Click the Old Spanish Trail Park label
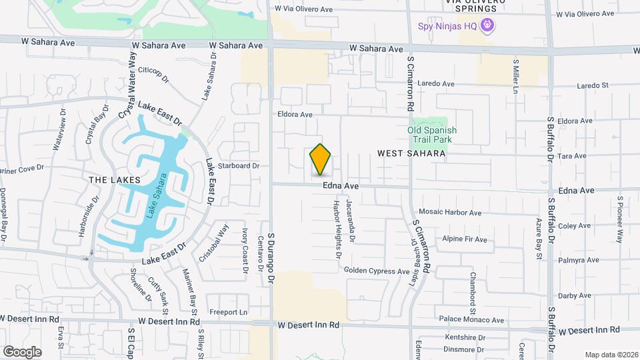click(430, 135)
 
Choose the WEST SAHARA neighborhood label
click(411, 153)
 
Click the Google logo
click(22, 351)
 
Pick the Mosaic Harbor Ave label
click(450, 213)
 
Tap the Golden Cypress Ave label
click(377, 271)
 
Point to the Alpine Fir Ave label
click(465, 239)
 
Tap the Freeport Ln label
click(229, 312)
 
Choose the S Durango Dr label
click(271, 259)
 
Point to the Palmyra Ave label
click(575, 260)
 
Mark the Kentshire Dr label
click(463, 337)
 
